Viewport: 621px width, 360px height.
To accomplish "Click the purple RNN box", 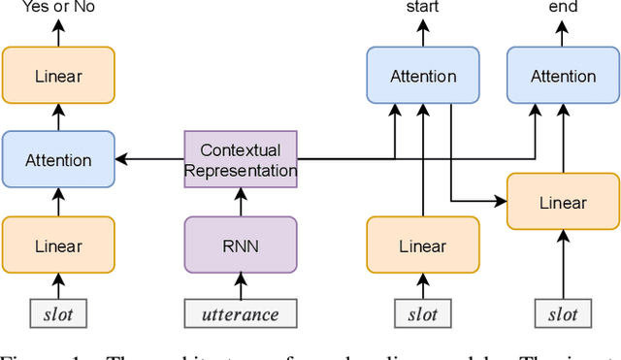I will pos(241,244).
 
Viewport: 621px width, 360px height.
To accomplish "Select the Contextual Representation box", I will pos(241,160).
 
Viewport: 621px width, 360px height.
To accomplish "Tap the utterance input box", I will pos(241,313).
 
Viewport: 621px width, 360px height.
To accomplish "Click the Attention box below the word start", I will pos(423,76).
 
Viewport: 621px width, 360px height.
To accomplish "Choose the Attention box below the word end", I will pos(563,76).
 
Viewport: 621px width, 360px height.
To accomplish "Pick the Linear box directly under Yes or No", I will pos(58,75).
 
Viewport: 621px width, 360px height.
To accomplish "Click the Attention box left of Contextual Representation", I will pos(58,160).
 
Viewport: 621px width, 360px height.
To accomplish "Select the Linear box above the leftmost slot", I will pos(58,245).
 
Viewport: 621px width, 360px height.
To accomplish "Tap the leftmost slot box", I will pos(58,313).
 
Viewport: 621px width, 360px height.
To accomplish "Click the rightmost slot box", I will pos(563,313).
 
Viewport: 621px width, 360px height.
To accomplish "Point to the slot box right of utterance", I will pos(423,313).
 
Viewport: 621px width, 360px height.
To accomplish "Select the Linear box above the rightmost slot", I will pos(563,202).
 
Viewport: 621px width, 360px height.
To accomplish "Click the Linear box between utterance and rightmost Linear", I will pos(423,245).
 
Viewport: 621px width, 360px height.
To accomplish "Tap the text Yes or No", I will pos(58,8).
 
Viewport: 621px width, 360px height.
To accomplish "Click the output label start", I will pos(423,8).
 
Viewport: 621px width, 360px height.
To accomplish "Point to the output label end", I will pos(563,8).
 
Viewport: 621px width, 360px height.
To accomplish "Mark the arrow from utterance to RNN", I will pos(241,286).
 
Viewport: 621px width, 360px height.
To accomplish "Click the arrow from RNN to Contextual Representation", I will pos(241,202).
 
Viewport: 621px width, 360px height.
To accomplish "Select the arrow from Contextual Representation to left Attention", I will pos(150,160).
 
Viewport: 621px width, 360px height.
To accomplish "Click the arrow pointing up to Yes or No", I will pos(58,33).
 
